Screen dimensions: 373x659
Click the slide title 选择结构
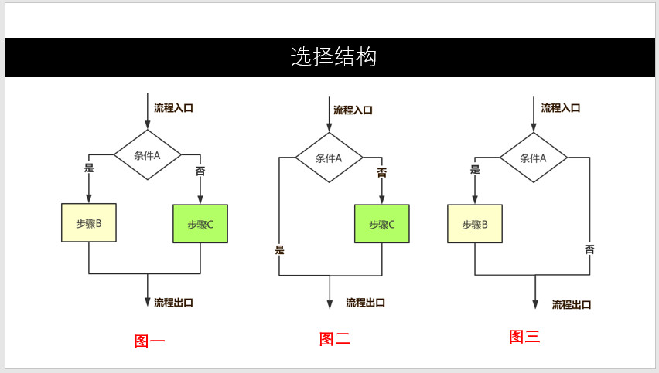tap(333, 57)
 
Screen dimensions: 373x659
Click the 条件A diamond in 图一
tap(147, 155)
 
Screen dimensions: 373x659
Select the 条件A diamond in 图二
tap(329, 158)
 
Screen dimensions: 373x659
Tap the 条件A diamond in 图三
tap(533, 158)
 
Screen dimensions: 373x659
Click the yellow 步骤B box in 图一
tap(89, 223)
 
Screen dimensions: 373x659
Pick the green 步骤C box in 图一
tap(200, 224)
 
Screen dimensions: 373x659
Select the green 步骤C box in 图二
tap(382, 224)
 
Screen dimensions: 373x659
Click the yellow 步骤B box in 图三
tap(475, 224)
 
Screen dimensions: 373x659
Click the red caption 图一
tap(149, 341)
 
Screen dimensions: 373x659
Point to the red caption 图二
tap(334, 338)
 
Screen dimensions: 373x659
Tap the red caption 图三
tap(524, 337)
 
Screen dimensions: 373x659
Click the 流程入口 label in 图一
tap(173, 108)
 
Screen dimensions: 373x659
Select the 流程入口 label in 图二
tap(353, 110)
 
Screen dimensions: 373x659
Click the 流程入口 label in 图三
tap(561, 108)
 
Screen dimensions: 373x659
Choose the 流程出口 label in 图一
tap(173, 303)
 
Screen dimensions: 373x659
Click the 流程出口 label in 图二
tap(365, 303)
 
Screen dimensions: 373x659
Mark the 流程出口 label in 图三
tap(572, 305)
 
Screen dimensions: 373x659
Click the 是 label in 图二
tap(279, 249)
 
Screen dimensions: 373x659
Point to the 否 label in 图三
tap(589, 249)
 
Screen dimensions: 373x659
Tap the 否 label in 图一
tap(200, 171)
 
